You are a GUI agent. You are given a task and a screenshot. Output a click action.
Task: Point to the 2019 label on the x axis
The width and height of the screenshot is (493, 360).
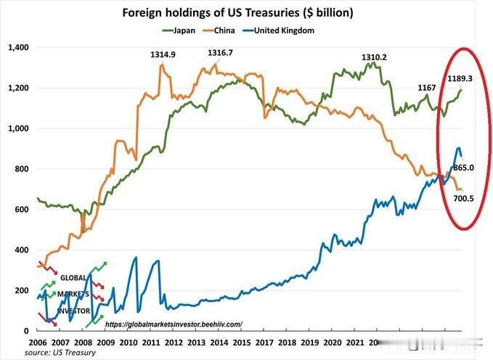[x=310, y=342]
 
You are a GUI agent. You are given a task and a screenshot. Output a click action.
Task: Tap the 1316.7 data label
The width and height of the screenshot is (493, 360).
[x=219, y=53]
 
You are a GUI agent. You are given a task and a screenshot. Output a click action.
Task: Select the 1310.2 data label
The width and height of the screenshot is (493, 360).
[x=375, y=57]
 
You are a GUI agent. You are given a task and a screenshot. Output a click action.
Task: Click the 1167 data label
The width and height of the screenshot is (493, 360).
[x=427, y=88]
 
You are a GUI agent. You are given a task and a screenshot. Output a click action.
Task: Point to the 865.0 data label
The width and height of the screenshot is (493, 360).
[x=464, y=168]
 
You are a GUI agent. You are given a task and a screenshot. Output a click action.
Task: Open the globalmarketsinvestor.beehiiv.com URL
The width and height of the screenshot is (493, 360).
[x=174, y=324]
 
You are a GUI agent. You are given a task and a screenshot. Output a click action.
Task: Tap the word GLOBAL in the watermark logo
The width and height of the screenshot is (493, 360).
[x=73, y=277]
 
